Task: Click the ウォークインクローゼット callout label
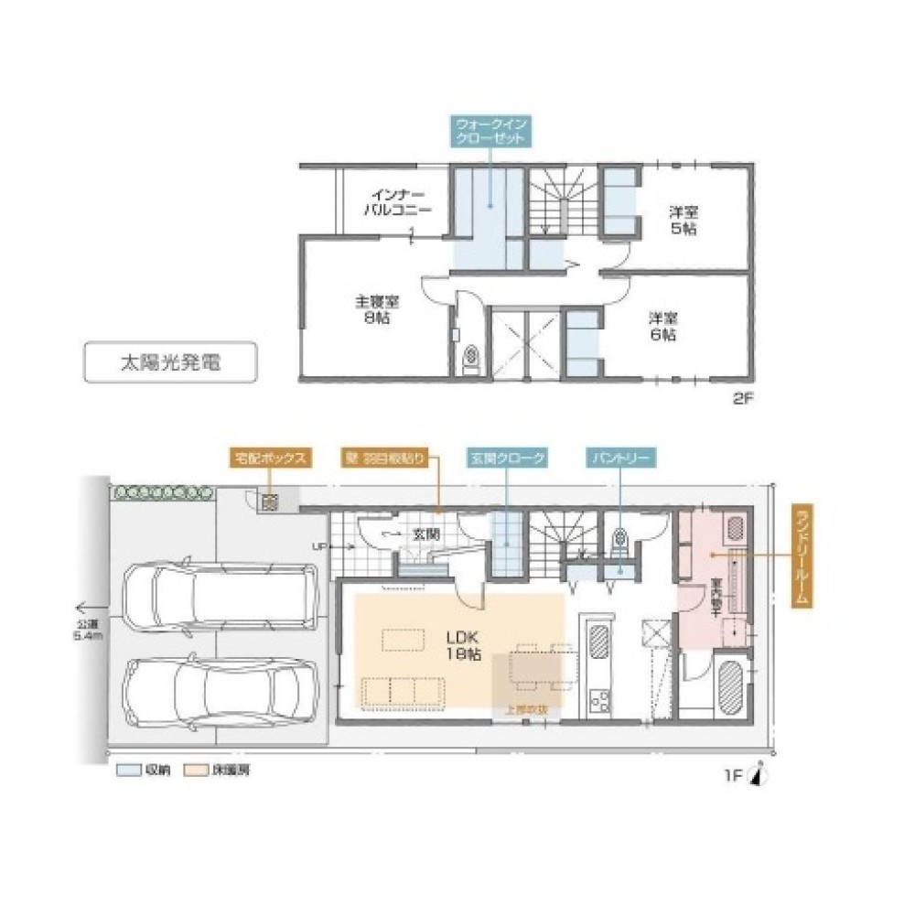(490, 131)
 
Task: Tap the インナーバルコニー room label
(396, 202)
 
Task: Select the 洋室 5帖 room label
(682, 220)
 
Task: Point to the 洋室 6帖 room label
(663, 327)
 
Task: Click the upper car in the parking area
(219, 599)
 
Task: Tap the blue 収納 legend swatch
(126, 771)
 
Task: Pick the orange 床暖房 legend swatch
(194, 771)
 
